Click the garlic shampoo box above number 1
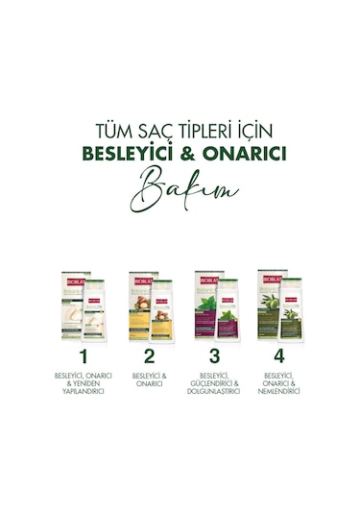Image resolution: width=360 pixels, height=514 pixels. pos(74,305)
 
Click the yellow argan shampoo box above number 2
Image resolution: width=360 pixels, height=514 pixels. pos(140,305)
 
